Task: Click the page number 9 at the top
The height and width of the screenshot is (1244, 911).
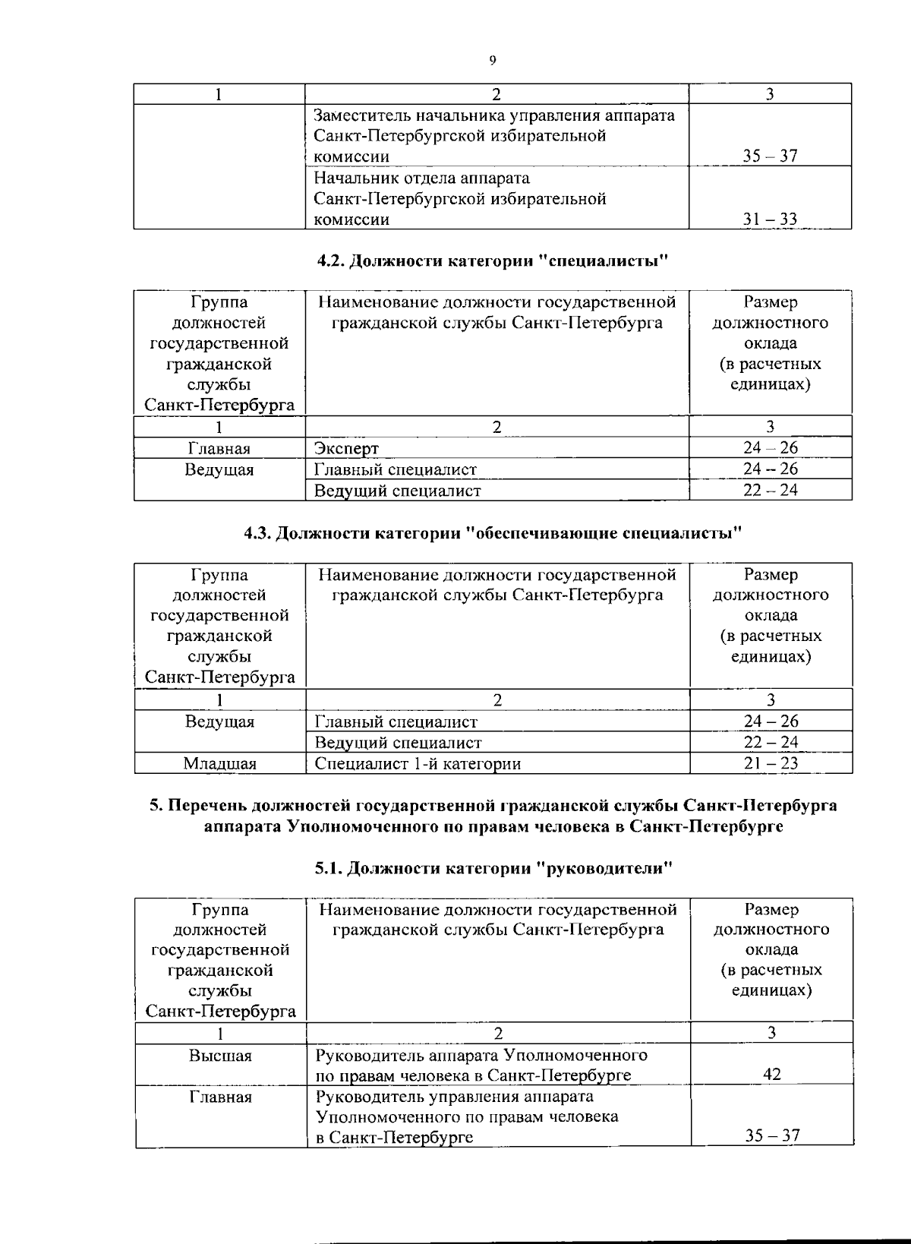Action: [493, 61]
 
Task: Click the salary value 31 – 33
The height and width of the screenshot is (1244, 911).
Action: [770, 219]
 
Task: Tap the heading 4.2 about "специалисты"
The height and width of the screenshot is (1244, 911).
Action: [493, 261]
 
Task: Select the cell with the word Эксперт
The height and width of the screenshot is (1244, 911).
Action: [347, 449]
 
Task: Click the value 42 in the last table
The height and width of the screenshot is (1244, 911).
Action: [771, 1074]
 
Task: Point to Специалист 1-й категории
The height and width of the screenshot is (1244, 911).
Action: [418, 763]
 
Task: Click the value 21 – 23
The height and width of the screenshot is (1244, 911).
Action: [771, 763]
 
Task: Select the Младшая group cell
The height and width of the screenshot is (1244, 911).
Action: [219, 763]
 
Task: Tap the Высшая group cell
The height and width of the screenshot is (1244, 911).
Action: [220, 1056]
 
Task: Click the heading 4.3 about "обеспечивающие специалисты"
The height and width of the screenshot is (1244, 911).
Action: [493, 533]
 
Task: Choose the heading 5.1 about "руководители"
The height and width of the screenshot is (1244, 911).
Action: [494, 868]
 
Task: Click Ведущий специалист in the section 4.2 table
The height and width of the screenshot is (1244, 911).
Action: [397, 491]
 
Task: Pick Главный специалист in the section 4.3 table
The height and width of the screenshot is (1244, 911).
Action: [396, 721]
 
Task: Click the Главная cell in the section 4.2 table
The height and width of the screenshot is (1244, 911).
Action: [219, 449]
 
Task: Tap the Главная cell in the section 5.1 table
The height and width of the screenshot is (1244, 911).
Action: [220, 1097]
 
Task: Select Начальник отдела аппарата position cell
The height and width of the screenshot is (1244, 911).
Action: [460, 198]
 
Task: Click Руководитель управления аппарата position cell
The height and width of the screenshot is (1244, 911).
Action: [467, 1116]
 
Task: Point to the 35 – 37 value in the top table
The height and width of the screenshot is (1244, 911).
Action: [770, 156]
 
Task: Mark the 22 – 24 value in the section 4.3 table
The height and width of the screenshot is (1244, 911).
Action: [771, 742]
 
